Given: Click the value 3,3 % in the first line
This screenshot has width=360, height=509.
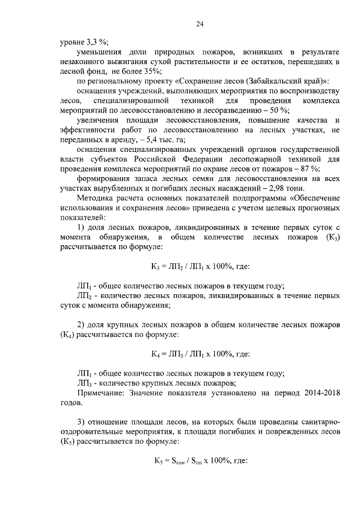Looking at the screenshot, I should point(98,42).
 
